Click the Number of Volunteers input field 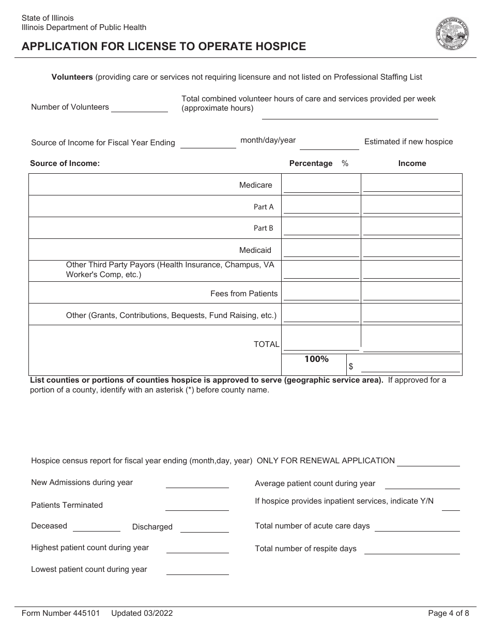click(140, 107)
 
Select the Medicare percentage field click(321, 186)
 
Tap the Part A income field click(411, 207)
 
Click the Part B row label click(263, 228)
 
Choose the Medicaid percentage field click(321, 251)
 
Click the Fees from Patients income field click(411, 294)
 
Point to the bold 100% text click(316, 359)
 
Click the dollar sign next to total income click(351, 366)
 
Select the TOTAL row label click(266, 344)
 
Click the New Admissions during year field click(197, 482)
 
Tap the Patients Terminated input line click(197, 505)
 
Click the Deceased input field click(97, 526)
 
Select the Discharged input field click(204, 527)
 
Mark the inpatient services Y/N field click(451, 505)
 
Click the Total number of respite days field click(412, 549)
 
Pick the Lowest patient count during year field click(197, 569)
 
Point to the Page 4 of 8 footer click(449, 613)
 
